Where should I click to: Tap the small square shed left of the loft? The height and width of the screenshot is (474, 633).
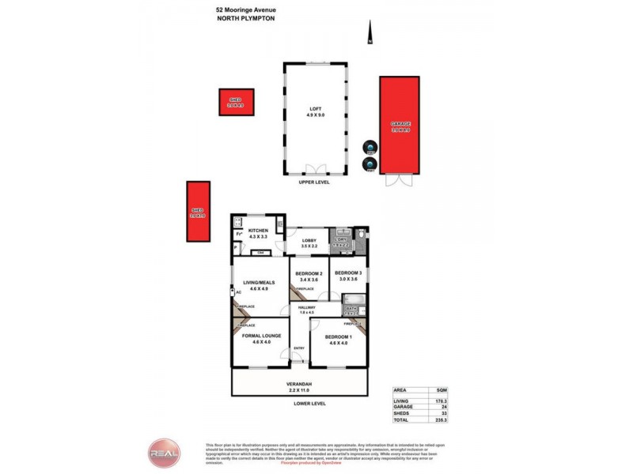click(236, 102)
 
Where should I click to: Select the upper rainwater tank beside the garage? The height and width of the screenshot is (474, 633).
click(369, 148)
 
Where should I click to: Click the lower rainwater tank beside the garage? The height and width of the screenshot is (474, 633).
click(369, 164)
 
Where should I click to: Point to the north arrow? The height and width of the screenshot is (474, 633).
click(369, 34)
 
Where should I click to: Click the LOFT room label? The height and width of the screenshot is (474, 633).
click(315, 111)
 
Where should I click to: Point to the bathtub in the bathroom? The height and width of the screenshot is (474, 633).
click(352, 299)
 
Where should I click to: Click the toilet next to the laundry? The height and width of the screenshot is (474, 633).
click(360, 235)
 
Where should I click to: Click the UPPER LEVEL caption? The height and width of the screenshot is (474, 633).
click(314, 182)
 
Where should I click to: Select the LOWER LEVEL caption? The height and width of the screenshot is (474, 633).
click(309, 404)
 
